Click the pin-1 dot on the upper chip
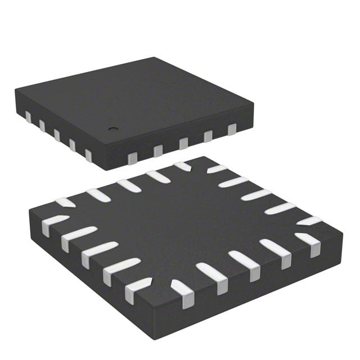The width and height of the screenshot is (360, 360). click(x=112, y=128)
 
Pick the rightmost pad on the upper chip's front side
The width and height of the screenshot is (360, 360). click(x=231, y=130)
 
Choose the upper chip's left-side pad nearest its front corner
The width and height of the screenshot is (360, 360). click(x=89, y=155)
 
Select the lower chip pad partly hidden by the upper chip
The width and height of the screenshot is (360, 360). click(x=182, y=166)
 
